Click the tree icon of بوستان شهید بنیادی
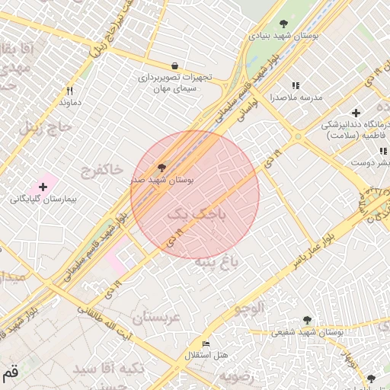coord(284,24)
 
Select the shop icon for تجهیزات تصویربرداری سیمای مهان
coord(175,66)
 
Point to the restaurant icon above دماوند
coord(70,90)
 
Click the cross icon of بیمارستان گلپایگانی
coord(43,187)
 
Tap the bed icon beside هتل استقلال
coord(206,344)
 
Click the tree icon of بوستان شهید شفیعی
coord(307,321)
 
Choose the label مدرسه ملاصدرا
coord(296,97)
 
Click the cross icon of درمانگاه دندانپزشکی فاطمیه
coord(355,113)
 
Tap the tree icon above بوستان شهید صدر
coord(161,167)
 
